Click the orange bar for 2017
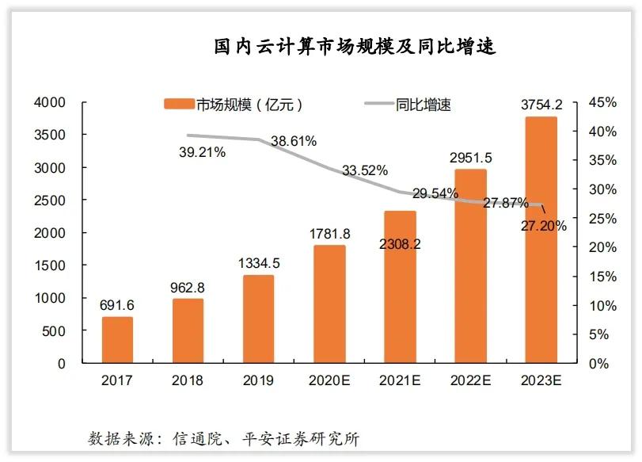[x=117, y=341]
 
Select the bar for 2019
[x=258, y=319]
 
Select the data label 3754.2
[x=541, y=104]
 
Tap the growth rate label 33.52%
[x=365, y=170]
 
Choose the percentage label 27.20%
[x=545, y=226]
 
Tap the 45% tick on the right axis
[x=602, y=103]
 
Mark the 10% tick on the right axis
[x=602, y=306]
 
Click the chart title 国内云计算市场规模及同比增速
[x=355, y=46]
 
